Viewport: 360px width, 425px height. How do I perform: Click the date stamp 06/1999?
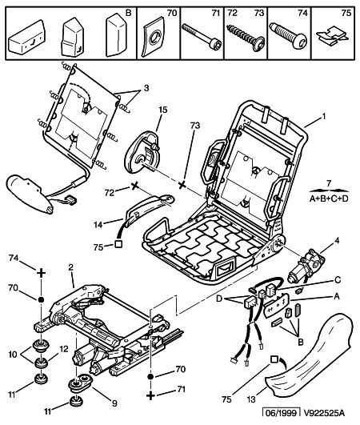[x=281, y=413]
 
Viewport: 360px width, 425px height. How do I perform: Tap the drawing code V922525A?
[x=324, y=413]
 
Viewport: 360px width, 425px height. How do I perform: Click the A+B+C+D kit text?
[x=329, y=198]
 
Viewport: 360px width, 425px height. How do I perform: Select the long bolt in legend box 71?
[x=202, y=36]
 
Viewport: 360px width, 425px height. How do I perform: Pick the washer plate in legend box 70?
[x=153, y=37]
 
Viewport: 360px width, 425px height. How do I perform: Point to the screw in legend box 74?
[x=288, y=35]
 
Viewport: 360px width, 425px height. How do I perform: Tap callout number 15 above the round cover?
[x=163, y=110]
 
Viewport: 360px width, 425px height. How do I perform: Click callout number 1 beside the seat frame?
[x=323, y=117]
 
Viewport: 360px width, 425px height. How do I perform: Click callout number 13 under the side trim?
[x=251, y=399]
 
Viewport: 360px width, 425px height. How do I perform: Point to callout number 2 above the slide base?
[x=70, y=267]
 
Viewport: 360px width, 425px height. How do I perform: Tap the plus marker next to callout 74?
[x=41, y=272]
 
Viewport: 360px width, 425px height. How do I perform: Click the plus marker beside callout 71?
[x=151, y=395]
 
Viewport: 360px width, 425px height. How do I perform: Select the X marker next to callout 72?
[x=134, y=186]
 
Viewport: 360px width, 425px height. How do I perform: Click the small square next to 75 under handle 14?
[x=118, y=243]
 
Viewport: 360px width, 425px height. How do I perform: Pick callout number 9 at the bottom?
[x=114, y=403]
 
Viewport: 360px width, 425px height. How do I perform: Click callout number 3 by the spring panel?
[x=146, y=88]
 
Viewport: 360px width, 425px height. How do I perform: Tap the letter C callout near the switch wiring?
[x=338, y=279]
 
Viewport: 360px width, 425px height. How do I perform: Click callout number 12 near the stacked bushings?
[x=64, y=349]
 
